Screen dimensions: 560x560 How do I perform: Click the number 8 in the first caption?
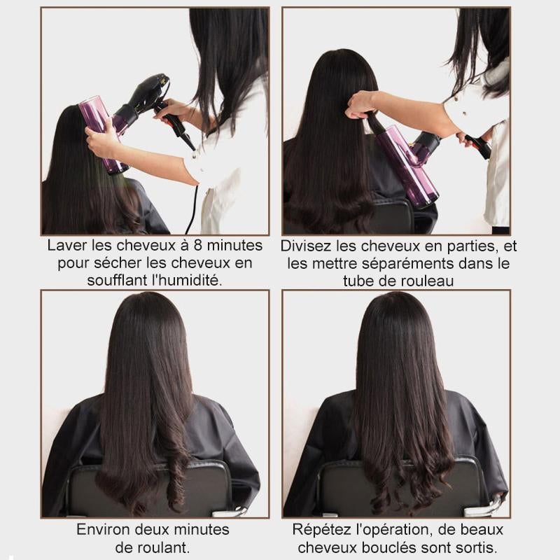coord(198,246)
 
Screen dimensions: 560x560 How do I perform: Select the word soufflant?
coord(118,281)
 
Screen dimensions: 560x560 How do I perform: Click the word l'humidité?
coord(187,281)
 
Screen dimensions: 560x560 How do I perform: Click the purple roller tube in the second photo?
coord(407,166)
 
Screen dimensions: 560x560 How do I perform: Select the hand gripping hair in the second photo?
coord(360,105)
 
